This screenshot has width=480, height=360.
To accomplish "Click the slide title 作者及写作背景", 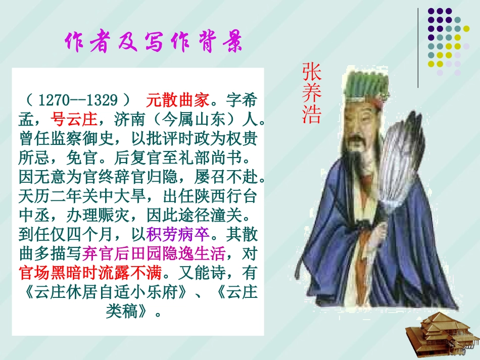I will point(154,43).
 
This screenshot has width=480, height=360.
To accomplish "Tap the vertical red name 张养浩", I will point(311,93).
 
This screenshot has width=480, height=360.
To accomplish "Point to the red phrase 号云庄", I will point(74,120).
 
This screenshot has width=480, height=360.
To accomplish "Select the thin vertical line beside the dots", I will point(418,48).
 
